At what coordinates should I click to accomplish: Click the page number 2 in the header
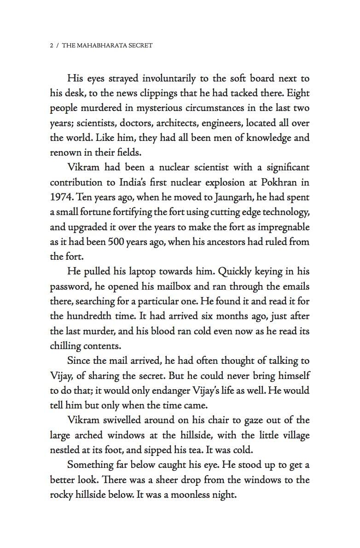coord(52,46)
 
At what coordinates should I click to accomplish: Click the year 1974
coord(61,198)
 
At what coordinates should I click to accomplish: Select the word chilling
coord(65,346)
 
